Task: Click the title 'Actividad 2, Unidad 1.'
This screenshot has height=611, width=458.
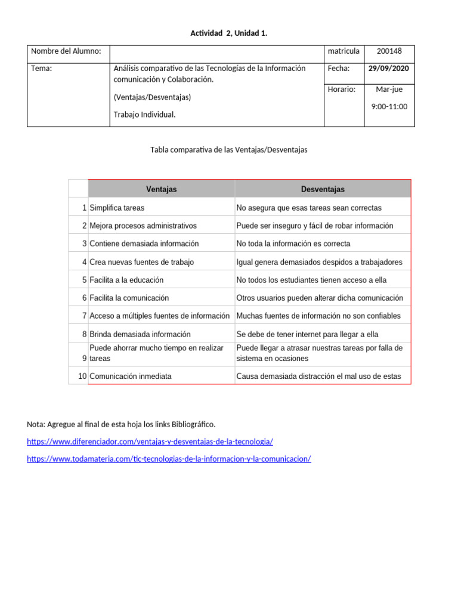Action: (228, 33)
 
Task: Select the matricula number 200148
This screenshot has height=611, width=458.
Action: (389, 51)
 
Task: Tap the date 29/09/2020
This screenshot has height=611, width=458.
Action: (389, 69)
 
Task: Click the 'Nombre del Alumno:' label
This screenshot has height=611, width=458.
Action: (66, 51)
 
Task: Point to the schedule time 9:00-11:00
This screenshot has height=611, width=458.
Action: (389, 107)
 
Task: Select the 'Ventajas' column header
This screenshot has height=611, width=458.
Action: (161, 189)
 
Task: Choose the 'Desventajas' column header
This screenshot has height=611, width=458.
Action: (322, 189)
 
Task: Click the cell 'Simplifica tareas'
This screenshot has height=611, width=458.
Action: (117, 208)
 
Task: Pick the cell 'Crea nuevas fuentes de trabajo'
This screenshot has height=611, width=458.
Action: (141, 262)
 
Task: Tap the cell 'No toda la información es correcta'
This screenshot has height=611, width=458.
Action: (293, 243)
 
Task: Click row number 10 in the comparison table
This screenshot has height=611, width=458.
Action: (82, 377)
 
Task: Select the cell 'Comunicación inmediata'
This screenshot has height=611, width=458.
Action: (130, 377)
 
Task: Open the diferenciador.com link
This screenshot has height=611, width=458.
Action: (150, 442)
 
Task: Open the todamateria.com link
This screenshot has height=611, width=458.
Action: (169, 459)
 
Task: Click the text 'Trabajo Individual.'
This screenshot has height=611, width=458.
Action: (144, 115)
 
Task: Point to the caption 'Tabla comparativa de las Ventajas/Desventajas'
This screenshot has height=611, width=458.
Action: (229, 150)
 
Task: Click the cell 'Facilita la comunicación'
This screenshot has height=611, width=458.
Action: (129, 298)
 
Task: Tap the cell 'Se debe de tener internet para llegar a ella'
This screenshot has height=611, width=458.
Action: (307, 334)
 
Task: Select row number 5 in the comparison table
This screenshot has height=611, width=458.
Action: (85, 280)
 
